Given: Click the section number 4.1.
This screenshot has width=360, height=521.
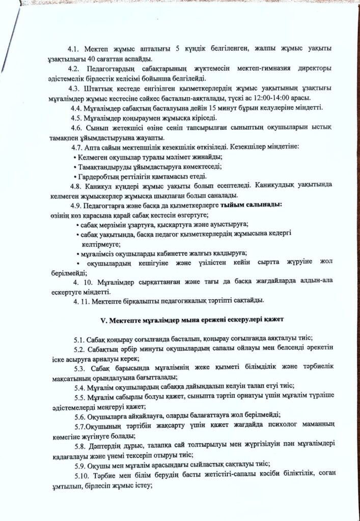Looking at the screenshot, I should tap(75, 49).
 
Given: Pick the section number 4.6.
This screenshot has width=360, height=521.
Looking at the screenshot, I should tap(78, 127).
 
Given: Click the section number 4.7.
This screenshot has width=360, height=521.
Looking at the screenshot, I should tap(78, 147).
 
